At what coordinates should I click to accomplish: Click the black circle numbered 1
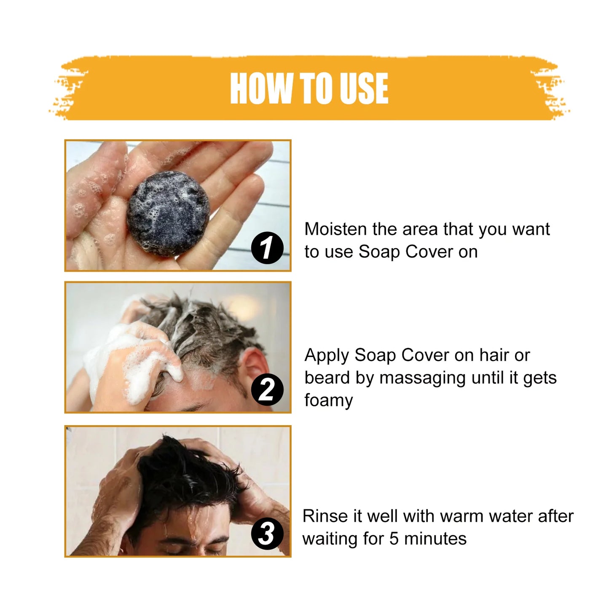point(267,247)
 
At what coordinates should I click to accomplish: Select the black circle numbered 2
point(267,389)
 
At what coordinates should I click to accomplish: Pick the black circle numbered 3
point(267,534)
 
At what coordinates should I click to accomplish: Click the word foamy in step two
point(328,401)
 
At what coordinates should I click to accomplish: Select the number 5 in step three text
point(394,539)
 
